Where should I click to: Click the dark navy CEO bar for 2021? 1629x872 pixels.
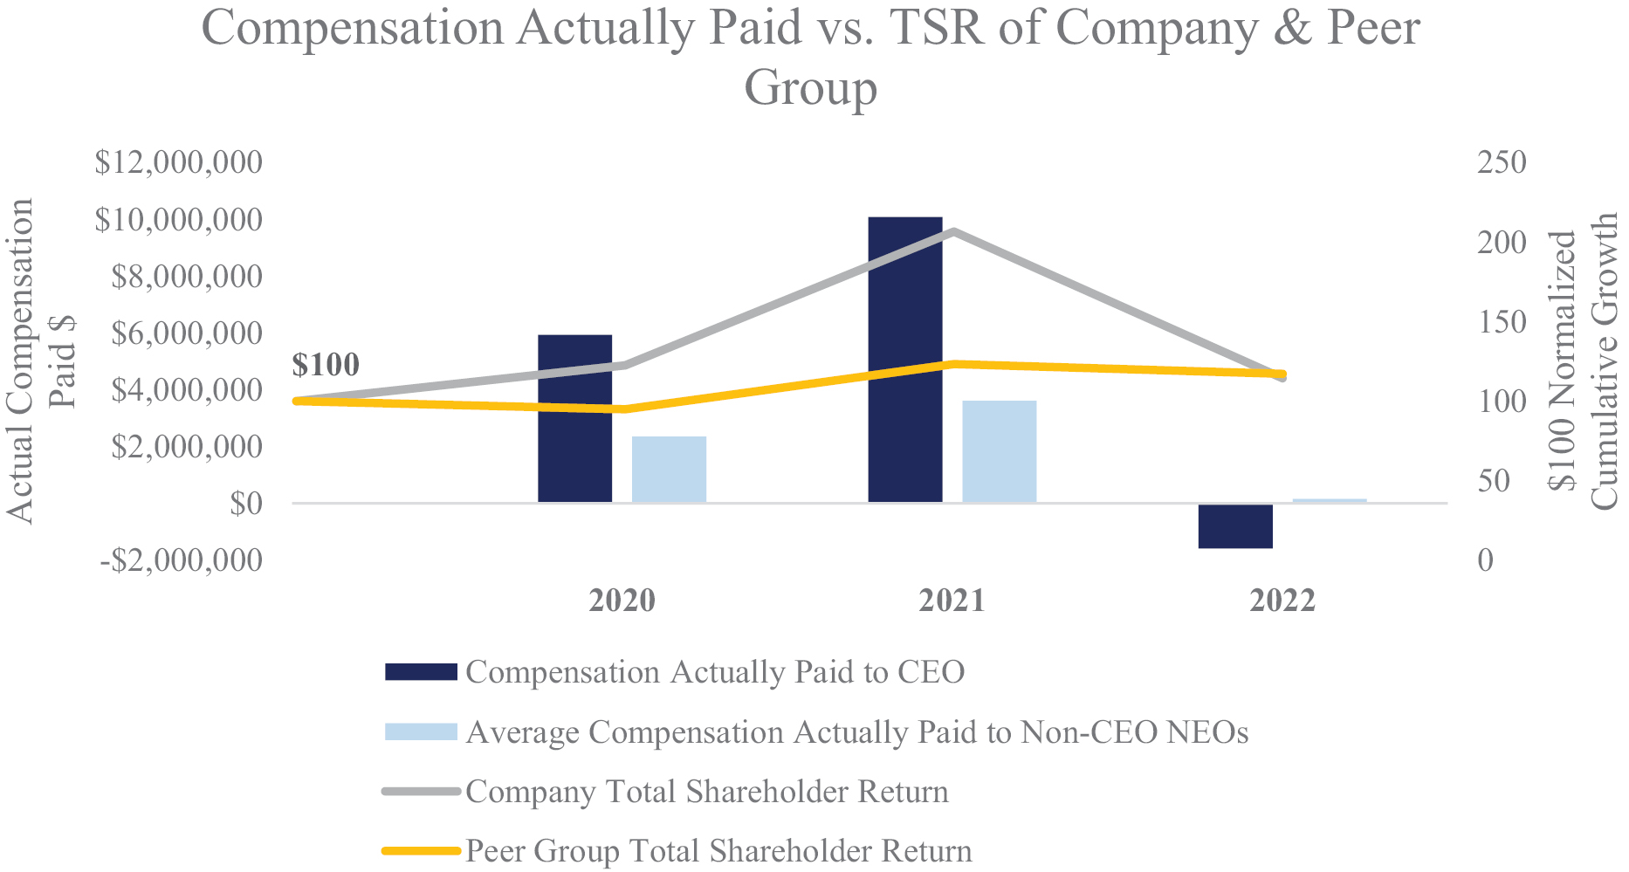tap(904, 359)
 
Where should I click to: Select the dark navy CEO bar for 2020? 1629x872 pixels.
tap(574, 418)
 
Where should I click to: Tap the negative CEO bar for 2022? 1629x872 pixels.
tap(1234, 525)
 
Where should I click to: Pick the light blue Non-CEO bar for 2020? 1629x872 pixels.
tap(669, 469)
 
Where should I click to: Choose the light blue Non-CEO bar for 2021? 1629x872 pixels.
tap(999, 451)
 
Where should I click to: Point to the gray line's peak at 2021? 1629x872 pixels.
tap(953, 232)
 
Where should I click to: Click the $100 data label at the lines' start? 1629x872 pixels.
tap(326, 365)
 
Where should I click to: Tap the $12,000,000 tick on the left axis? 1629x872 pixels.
tap(178, 163)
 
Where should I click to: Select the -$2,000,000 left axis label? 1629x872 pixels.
tap(180, 560)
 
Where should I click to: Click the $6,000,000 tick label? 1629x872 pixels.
tap(186, 333)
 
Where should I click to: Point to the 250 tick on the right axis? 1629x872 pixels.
tap(1501, 163)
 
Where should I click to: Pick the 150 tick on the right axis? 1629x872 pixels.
tap(1501, 322)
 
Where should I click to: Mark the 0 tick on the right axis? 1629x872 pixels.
tap(1486, 560)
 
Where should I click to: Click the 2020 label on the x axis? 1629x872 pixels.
tap(622, 601)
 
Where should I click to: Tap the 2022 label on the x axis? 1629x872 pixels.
tap(1282, 601)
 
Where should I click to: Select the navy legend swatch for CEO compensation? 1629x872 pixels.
tap(421, 671)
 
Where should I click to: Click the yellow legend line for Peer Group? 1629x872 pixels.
tap(421, 850)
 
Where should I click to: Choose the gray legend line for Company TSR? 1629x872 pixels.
tap(421, 792)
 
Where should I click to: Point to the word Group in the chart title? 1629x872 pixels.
tap(810, 87)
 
